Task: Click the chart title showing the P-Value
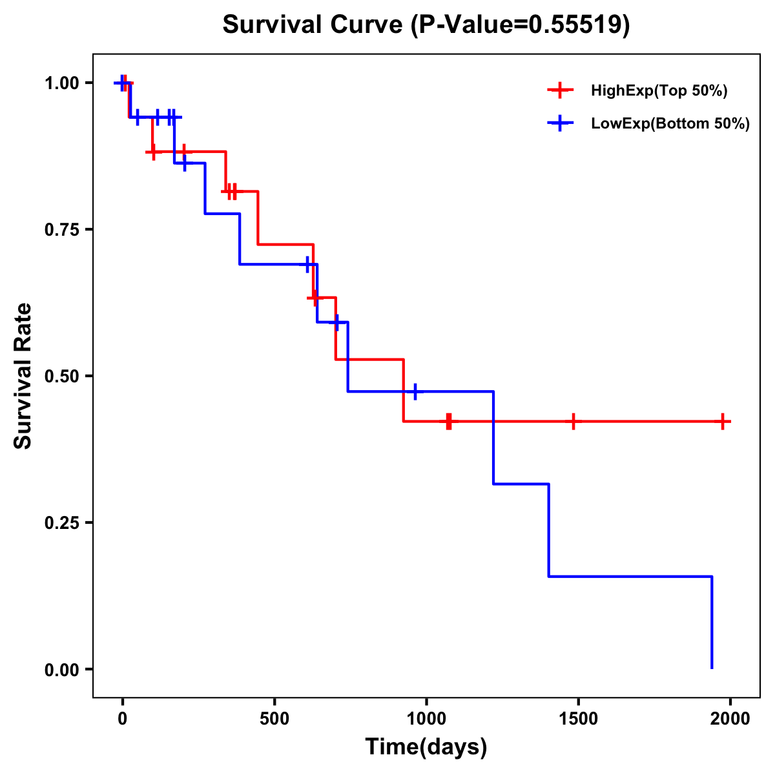pyautogui.click(x=426, y=25)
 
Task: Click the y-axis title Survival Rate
pyautogui.click(x=23, y=376)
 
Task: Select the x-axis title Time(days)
pyautogui.click(x=426, y=747)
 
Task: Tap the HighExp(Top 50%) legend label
pyautogui.click(x=659, y=90)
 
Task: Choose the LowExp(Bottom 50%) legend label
pyautogui.click(x=670, y=124)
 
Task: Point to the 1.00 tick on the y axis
pyautogui.click(x=61, y=83)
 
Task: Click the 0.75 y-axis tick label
pyautogui.click(x=61, y=230)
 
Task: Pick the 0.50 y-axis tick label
pyautogui.click(x=61, y=377)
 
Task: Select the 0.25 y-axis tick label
pyautogui.click(x=61, y=523)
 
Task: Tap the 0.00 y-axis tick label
pyautogui.click(x=61, y=670)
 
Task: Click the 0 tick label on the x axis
pyautogui.click(x=122, y=719)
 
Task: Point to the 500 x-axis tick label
pyautogui.click(x=274, y=719)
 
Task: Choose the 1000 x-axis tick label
pyautogui.click(x=426, y=719)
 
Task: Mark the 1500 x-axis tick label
pyautogui.click(x=578, y=719)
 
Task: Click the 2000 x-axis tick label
pyautogui.click(x=730, y=719)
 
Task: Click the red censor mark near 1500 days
pyautogui.click(x=573, y=421)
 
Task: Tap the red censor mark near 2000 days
pyautogui.click(x=723, y=421)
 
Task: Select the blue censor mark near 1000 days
pyautogui.click(x=415, y=391)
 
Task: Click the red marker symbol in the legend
pyautogui.click(x=560, y=90)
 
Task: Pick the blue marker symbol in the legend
pyautogui.click(x=560, y=124)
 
